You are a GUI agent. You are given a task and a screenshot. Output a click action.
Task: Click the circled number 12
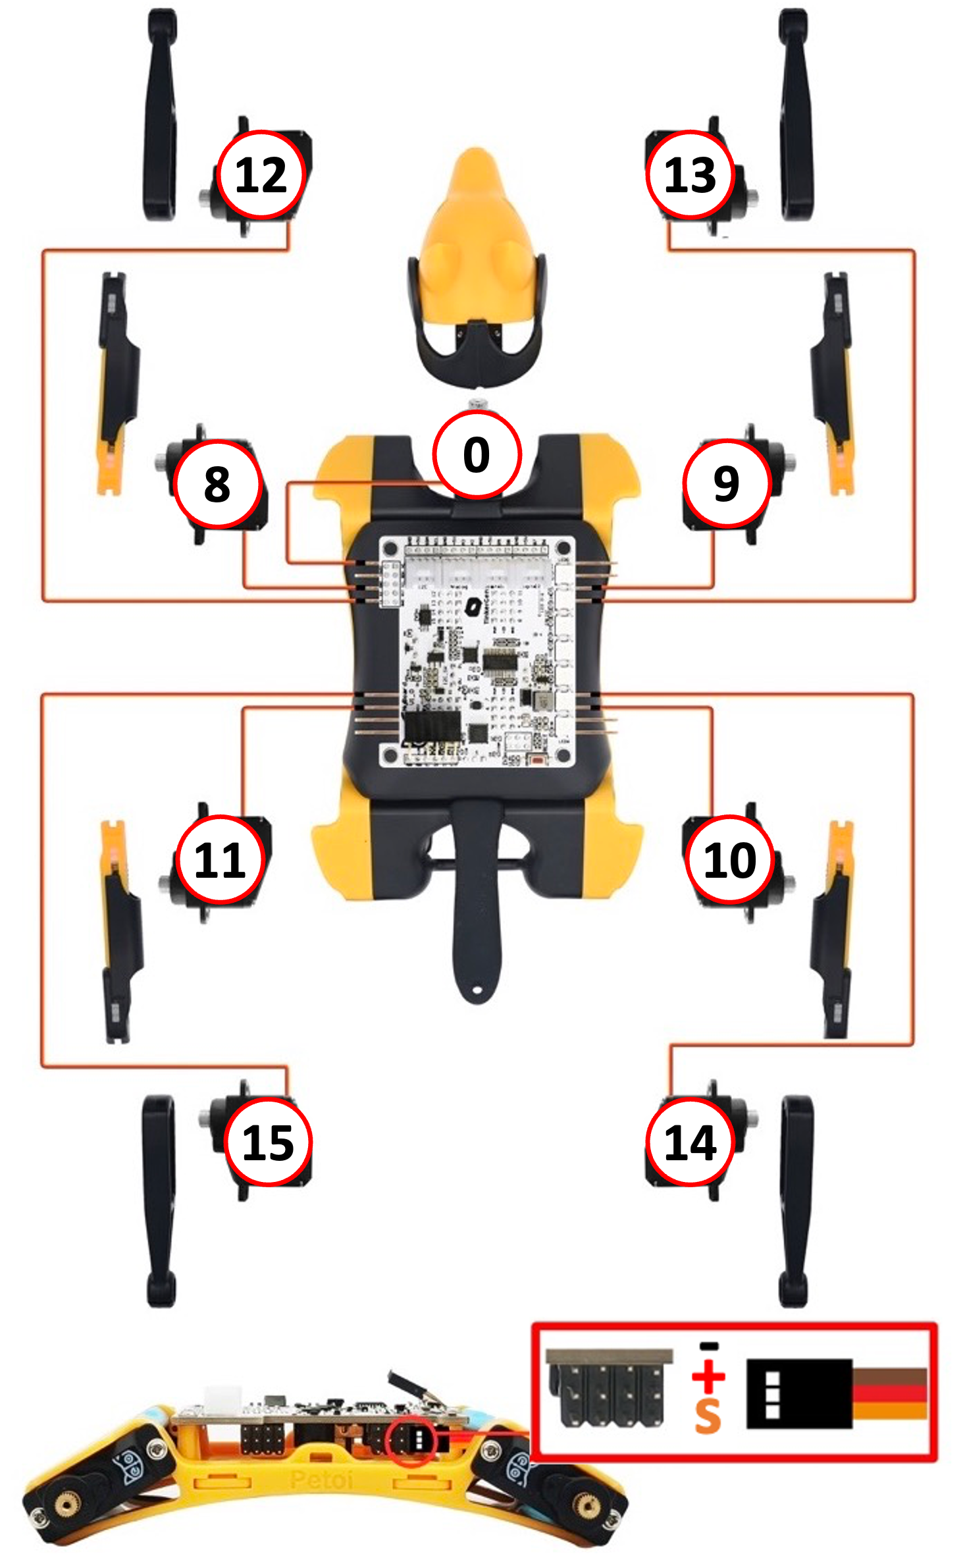261,174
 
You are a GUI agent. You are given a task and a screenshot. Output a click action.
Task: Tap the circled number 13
690,174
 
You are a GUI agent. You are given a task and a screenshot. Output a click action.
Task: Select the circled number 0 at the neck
477,454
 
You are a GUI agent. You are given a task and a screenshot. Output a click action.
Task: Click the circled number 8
217,484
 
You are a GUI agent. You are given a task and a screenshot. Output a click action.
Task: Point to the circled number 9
726,484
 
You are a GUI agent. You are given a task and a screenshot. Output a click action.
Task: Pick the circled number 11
220,859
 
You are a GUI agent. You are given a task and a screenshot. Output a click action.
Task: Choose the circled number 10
729,859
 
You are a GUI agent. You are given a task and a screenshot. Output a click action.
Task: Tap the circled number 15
267,1142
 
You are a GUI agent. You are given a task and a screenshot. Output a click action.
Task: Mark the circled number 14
690,1142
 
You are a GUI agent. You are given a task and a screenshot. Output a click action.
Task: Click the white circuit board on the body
477,652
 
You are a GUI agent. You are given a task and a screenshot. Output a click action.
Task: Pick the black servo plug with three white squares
798,1394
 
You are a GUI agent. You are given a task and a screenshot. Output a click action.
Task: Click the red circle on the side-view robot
411,1442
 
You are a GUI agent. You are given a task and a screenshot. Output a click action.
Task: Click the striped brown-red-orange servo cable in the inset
890,1393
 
